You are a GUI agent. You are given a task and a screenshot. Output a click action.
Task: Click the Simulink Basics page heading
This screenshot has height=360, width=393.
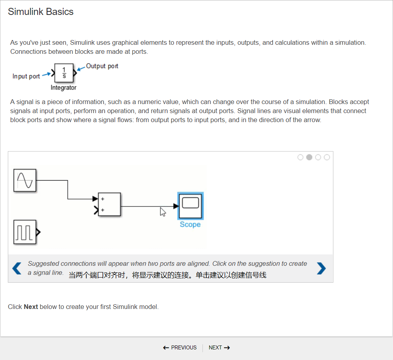click(x=41, y=12)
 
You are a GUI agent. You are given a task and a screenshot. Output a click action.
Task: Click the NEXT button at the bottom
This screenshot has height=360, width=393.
click(x=219, y=347)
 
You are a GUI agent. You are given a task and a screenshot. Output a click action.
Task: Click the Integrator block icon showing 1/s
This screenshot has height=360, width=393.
click(x=64, y=73)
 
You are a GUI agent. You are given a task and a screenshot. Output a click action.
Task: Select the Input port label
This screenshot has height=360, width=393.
click(x=26, y=76)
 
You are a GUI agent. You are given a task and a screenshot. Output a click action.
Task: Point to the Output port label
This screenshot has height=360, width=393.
click(x=102, y=66)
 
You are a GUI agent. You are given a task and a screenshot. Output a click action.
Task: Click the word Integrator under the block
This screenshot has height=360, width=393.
click(x=64, y=88)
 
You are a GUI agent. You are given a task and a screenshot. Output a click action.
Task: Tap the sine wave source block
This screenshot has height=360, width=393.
click(x=25, y=180)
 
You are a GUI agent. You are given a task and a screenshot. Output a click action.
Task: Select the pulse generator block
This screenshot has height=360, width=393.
click(x=25, y=232)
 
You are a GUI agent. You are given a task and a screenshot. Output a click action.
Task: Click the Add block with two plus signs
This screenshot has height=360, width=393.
click(x=109, y=205)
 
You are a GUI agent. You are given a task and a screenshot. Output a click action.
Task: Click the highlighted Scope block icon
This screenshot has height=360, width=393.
click(x=190, y=206)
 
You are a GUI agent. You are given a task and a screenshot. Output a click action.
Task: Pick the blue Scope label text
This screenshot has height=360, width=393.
click(x=190, y=225)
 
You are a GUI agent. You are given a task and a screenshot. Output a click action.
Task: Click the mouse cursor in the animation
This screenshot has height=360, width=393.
click(x=163, y=212)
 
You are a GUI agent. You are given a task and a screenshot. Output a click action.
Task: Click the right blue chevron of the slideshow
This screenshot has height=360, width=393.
click(x=321, y=268)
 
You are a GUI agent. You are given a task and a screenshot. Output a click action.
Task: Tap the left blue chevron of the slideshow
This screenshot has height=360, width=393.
click(x=17, y=268)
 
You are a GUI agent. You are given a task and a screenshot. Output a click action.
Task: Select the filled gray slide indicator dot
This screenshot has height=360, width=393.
click(x=309, y=157)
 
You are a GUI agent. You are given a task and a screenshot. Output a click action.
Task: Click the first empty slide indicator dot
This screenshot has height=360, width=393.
click(x=300, y=157)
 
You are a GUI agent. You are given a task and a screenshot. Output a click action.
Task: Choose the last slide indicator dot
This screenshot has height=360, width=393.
click(x=327, y=157)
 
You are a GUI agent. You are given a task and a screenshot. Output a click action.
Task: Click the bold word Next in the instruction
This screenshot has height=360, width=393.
click(x=31, y=307)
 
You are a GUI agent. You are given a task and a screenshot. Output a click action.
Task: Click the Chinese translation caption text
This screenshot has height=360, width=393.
click(x=167, y=275)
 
